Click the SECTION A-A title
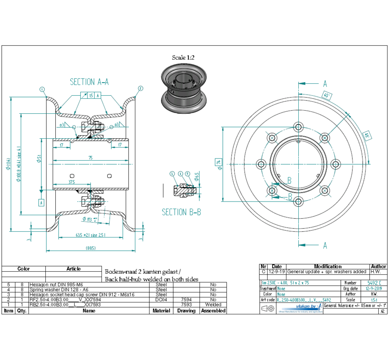point(89,82)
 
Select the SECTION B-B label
point(181,212)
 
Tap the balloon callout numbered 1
point(42,89)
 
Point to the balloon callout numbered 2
point(140,88)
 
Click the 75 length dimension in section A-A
point(90,158)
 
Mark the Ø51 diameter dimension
point(39,159)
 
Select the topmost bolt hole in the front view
point(299,127)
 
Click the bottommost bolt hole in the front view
point(299,202)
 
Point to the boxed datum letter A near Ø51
point(41,202)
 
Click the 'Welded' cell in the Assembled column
point(213,304)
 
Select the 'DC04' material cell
point(161,299)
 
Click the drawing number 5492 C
point(371,283)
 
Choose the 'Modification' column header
point(328,266)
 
